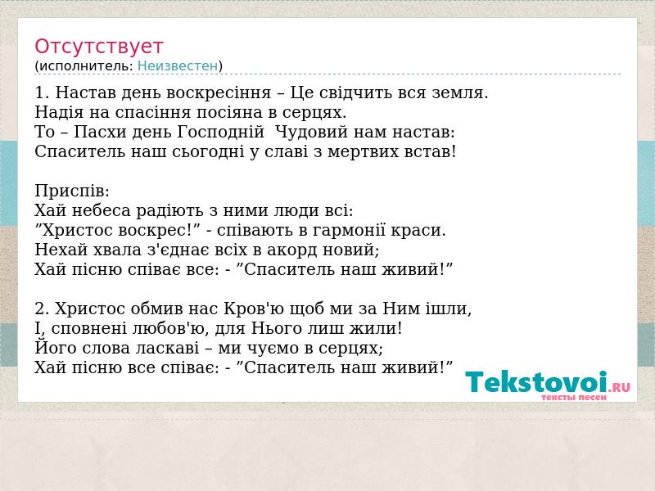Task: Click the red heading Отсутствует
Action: coord(98,47)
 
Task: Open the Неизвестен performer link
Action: coord(178,66)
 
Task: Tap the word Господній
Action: coord(221,133)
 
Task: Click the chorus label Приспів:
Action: coord(72,191)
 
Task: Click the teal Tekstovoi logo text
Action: coord(536,382)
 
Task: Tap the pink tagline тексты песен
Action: coord(574,397)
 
